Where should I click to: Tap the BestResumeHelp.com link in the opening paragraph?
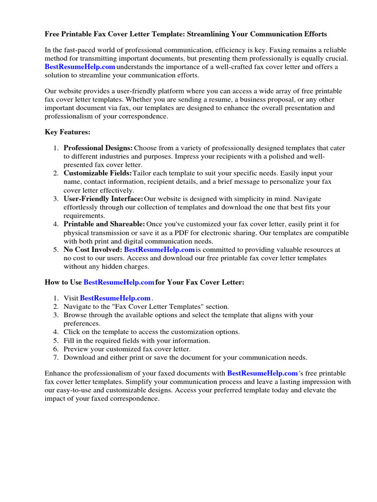point(80,67)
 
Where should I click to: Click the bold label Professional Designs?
point(98,148)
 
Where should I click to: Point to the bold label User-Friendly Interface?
point(103,199)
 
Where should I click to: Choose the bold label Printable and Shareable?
point(104,224)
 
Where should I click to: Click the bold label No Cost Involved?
point(93,250)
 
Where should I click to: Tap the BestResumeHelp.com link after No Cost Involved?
point(160,250)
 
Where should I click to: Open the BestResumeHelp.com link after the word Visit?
point(115,298)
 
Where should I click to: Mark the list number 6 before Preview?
point(55,349)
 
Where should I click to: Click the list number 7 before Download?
point(55,357)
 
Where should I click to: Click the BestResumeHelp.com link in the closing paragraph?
point(263,374)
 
